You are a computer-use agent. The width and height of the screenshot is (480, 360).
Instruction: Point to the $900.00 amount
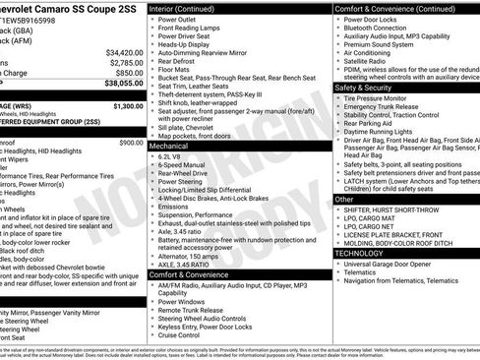pos(131,143)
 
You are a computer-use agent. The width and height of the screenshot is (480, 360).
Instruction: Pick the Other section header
pos(344,199)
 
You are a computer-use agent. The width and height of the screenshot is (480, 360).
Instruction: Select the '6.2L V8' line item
pos(174,155)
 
